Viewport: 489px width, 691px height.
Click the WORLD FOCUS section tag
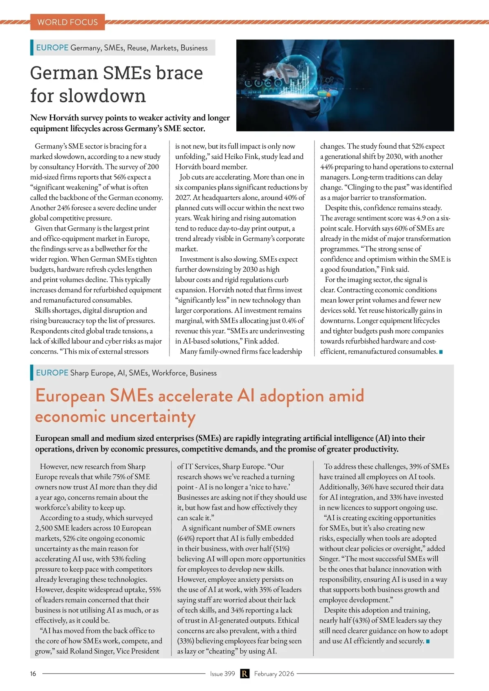[67, 22]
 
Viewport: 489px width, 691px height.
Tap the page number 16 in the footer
[33, 673]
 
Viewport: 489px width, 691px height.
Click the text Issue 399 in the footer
[222, 673]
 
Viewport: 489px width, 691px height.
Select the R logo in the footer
[244, 673]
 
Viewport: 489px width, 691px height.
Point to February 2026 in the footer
[274, 673]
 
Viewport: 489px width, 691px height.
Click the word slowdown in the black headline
[102, 96]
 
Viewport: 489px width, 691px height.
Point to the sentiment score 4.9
[421, 218]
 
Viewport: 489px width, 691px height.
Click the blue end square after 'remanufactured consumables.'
[441, 352]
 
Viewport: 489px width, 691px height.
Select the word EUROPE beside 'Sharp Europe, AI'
[52, 373]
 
